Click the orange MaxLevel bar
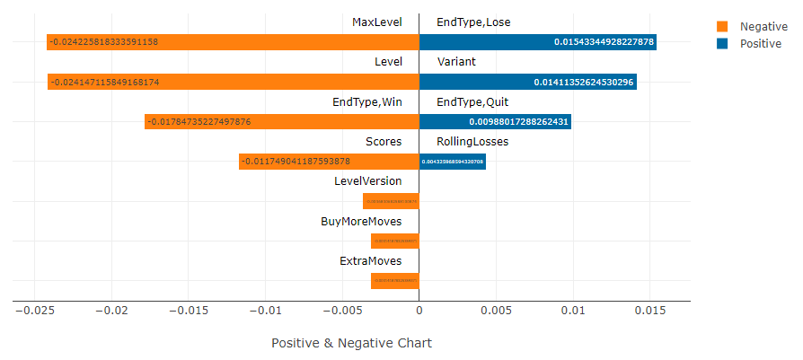(x=233, y=42)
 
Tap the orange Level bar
(x=233, y=82)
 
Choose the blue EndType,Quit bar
(x=495, y=121)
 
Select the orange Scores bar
(x=329, y=162)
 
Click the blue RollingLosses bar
(x=453, y=162)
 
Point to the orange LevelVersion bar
(x=391, y=201)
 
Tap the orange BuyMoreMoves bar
(x=395, y=241)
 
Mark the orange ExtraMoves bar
(x=395, y=281)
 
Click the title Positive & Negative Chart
(x=351, y=343)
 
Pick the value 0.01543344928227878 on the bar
(x=604, y=42)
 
